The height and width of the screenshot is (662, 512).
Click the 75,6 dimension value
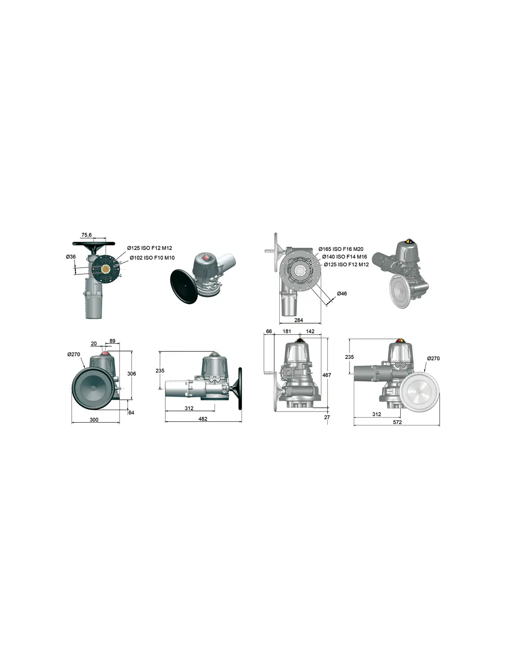(86, 235)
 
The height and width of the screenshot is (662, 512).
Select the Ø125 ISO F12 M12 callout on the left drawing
(149, 248)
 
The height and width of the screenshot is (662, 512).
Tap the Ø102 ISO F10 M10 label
(152, 258)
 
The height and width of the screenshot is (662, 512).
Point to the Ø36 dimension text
(71, 257)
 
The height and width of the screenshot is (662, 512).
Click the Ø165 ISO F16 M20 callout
(341, 249)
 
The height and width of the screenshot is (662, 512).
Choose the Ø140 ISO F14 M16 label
(344, 257)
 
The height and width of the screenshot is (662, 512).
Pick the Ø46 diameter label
(342, 293)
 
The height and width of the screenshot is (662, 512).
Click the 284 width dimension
(298, 320)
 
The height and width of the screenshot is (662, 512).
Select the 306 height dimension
(132, 373)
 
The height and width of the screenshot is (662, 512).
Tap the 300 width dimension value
(94, 419)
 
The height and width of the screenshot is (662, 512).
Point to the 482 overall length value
(203, 419)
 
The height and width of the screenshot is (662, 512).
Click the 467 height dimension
(326, 375)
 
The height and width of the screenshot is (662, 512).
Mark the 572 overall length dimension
(397, 422)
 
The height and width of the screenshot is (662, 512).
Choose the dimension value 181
(287, 331)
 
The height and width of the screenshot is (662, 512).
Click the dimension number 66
(269, 331)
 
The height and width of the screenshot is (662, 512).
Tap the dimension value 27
(327, 417)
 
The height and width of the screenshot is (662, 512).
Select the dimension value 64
(131, 412)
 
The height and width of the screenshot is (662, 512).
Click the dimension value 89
(112, 341)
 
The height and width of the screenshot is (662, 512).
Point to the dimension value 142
(310, 331)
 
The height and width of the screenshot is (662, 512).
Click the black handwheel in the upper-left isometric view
(184, 286)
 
